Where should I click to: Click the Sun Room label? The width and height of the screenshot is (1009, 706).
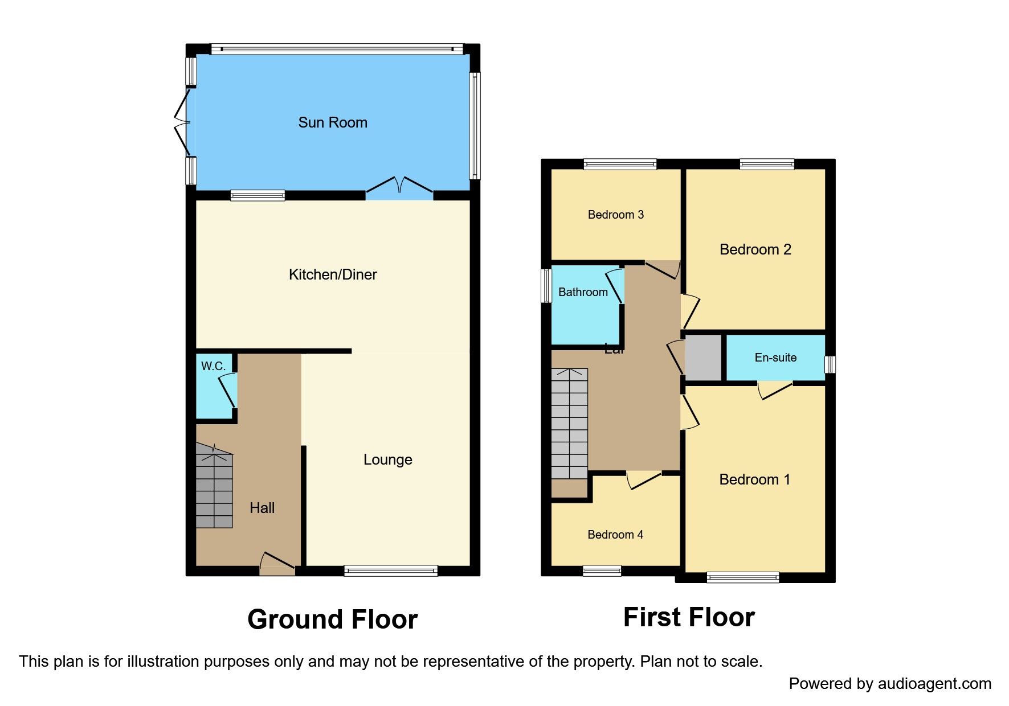click(x=333, y=122)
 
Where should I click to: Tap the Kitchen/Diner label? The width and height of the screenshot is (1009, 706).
click(x=333, y=274)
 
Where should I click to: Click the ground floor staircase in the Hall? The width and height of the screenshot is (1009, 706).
click(x=214, y=487)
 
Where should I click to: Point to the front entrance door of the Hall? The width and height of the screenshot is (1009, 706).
click(x=277, y=563)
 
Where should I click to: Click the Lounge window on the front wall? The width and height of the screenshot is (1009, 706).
click(x=391, y=570)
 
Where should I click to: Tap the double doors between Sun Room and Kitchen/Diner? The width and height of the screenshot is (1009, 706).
click(x=399, y=188)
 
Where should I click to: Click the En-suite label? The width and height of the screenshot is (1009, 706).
click(x=775, y=358)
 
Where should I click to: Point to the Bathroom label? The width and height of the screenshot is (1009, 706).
click(x=583, y=292)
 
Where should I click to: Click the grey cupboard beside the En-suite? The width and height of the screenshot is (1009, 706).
click(x=703, y=358)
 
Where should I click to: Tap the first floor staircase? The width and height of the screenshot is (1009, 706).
click(x=569, y=424)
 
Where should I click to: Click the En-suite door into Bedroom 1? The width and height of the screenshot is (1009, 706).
click(x=775, y=389)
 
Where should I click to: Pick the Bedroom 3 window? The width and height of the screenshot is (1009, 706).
click(x=620, y=165)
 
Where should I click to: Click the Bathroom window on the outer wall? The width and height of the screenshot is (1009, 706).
click(x=546, y=285)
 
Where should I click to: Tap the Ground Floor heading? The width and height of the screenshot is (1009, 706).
click(x=332, y=619)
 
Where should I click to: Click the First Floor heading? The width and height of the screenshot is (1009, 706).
click(x=689, y=617)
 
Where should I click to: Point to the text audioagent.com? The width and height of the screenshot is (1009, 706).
click(x=934, y=684)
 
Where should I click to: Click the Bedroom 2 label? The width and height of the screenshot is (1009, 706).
click(x=755, y=249)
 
